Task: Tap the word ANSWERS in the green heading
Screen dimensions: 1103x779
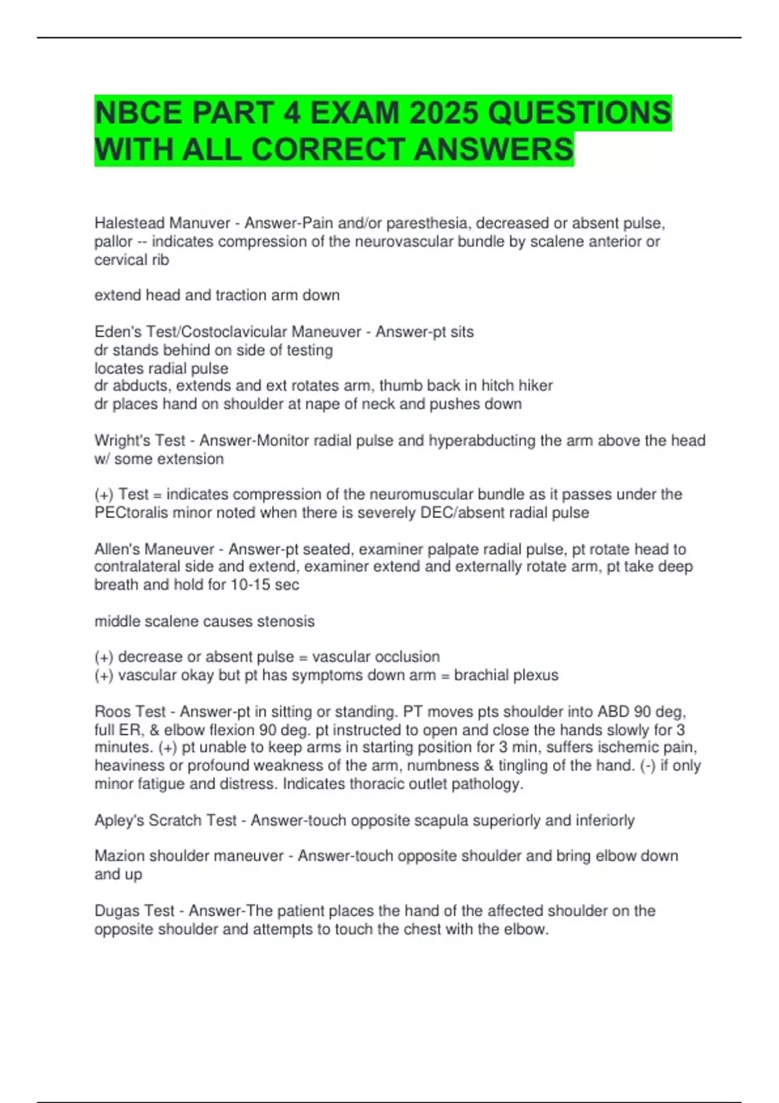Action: (x=493, y=149)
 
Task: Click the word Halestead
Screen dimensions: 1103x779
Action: (x=130, y=223)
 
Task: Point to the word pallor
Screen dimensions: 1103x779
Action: (x=113, y=242)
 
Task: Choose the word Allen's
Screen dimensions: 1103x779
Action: (x=117, y=549)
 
